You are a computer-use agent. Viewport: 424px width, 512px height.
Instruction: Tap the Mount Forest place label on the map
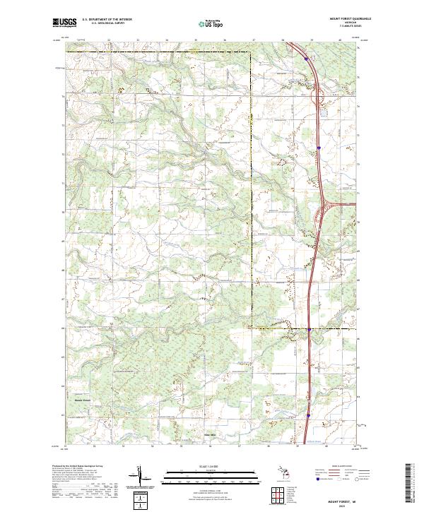click(83, 400)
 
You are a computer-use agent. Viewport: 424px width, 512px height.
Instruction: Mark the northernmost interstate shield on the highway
click(305, 59)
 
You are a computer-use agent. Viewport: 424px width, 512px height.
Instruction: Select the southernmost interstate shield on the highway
click(308, 415)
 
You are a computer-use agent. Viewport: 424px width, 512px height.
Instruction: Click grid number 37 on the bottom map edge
click(239, 446)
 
